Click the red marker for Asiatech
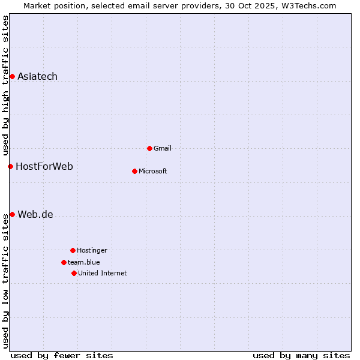[x=12, y=76]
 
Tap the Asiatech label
[x=37, y=76]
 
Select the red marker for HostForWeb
[x=10, y=166]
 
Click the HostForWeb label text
[x=44, y=166]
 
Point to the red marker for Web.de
[x=12, y=214]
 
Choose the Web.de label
[x=35, y=214]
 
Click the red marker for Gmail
[x=149, y=148]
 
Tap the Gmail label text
[x=163, y=148]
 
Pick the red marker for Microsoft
[x=134, y=171]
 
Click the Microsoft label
[x=153, y=171]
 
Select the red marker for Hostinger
[x=73, y=250]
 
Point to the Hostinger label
[x=92, y=250]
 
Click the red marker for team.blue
[x=64, y=262]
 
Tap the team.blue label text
[x=84, y=262]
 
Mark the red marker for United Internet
[x=74, y=273]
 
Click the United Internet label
[x=103, y=273]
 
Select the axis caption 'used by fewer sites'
[x=62, y=355]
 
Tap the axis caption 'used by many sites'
[x=301, y=355]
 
